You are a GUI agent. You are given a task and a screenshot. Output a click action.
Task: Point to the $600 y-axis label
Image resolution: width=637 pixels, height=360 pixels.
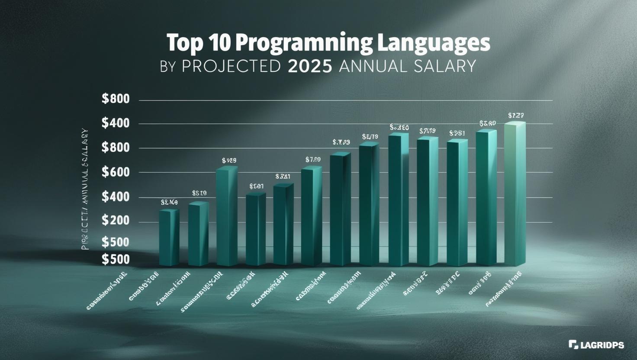116,172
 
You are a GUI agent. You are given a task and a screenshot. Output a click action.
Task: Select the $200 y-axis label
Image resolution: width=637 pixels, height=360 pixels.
116,221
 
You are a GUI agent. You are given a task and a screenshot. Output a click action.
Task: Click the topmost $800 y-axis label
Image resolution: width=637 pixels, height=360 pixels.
116,99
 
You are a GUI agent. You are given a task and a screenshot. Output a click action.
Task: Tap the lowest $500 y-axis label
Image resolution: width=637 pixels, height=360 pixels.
116,259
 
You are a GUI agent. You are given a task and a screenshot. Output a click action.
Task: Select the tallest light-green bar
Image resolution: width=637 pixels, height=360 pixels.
515,195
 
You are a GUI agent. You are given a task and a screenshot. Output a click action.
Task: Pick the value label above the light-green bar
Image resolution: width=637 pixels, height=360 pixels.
516,116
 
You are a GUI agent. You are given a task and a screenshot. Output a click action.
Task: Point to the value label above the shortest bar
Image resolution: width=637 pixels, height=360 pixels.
169,202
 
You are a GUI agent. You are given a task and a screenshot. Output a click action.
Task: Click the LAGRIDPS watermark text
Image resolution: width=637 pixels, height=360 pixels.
602,345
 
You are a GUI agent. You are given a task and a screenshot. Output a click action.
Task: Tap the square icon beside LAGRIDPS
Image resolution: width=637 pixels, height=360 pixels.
573,344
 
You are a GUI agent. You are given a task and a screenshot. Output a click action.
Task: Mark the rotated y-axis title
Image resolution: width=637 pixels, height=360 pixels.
85,189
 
